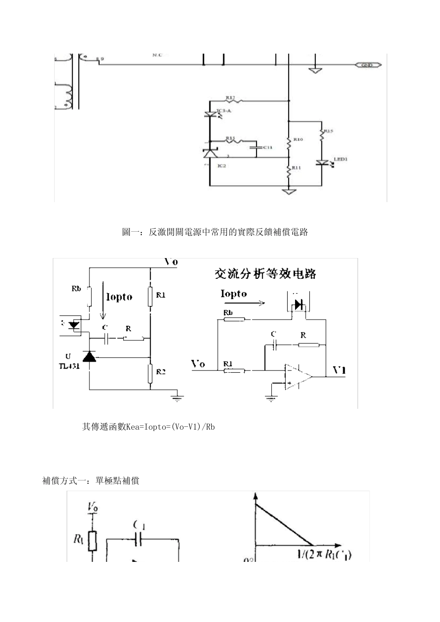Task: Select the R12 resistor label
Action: pos(230,98)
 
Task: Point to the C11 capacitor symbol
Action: pos(255,148)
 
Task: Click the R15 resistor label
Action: pos(328,131)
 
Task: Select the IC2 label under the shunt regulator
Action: pos(221,166)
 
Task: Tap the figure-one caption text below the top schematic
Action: pos(215,232)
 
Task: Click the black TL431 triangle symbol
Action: pos(89,356)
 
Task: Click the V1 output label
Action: pos(339,370)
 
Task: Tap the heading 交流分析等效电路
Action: pos(265,274)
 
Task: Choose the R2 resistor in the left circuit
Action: pos(151,374)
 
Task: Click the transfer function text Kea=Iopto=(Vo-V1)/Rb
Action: pos(148,427)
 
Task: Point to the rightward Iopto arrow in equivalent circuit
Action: pos(243,303)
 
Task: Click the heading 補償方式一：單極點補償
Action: pos(91,481)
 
